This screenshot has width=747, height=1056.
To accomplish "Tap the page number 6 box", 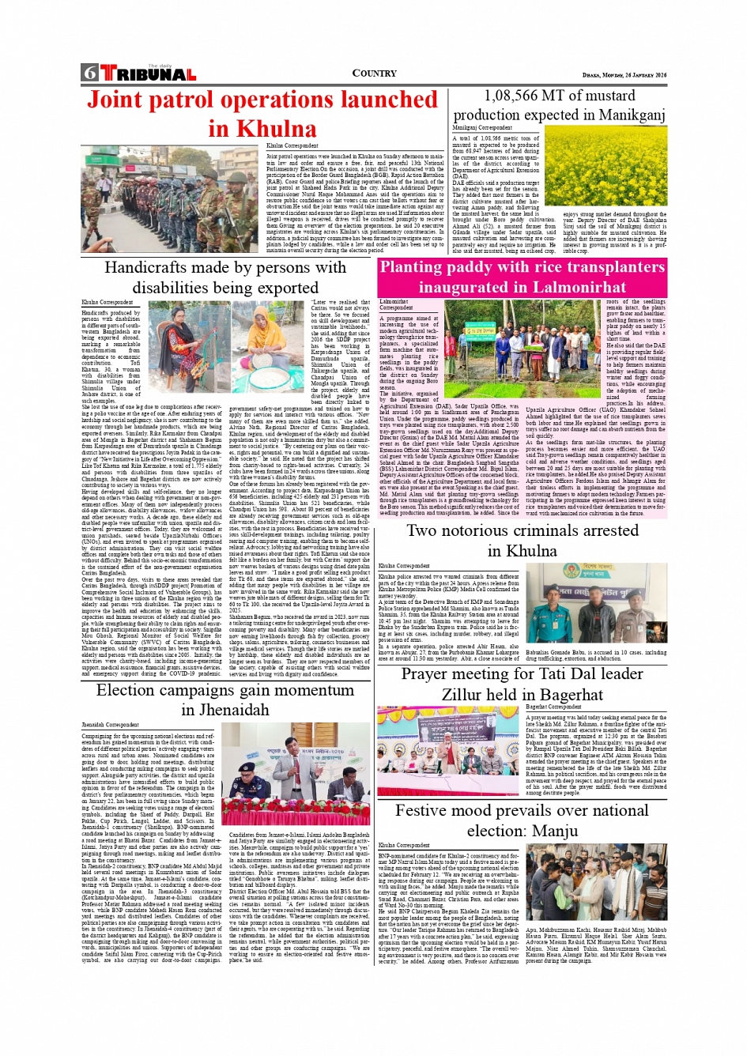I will point(89,74).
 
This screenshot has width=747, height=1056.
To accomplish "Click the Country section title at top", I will point(374,74).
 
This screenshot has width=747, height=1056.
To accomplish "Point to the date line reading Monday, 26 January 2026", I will point(624,75).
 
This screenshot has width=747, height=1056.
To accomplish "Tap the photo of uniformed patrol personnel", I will point(171,199).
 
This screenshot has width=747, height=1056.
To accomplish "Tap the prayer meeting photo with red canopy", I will point(450,750).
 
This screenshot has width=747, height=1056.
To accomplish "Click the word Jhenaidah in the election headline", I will point(224,710).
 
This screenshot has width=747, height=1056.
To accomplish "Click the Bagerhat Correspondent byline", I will point(554,707).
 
